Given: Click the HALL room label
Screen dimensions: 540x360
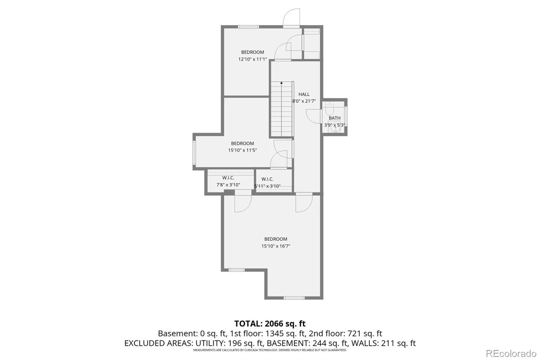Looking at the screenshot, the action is pyautogui.click(x=304, y=94).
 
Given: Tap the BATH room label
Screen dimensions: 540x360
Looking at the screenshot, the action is pyautogui.click(x=334, y=118).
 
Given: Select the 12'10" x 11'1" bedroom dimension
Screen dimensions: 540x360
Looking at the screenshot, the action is pyautogui.click(x=253, y=59).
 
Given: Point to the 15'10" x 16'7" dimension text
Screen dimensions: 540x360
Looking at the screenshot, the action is pyautogui.click(x=276, y=246).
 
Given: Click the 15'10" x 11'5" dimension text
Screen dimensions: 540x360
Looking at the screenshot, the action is pyautogui.click(x=243, y=150).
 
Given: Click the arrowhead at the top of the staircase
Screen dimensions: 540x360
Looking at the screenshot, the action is pyautogui.click(x=281, y=83).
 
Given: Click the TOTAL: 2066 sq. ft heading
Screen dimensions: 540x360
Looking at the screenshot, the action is pyautogui.click(x=270, y=323).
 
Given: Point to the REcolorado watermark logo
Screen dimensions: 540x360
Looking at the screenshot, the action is pyautogui.click(x=511, y=354).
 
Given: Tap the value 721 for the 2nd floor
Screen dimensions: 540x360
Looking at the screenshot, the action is pyautogui.click(x=354, y=333).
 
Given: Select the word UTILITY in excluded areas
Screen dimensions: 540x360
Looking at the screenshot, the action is pyautogui.click(x=209, y=343).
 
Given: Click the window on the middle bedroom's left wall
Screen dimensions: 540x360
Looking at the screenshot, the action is pyautogui.click(x=194, y=153).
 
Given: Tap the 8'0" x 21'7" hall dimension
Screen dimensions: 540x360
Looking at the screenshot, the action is pyautogui.click(x=304, y=101).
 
